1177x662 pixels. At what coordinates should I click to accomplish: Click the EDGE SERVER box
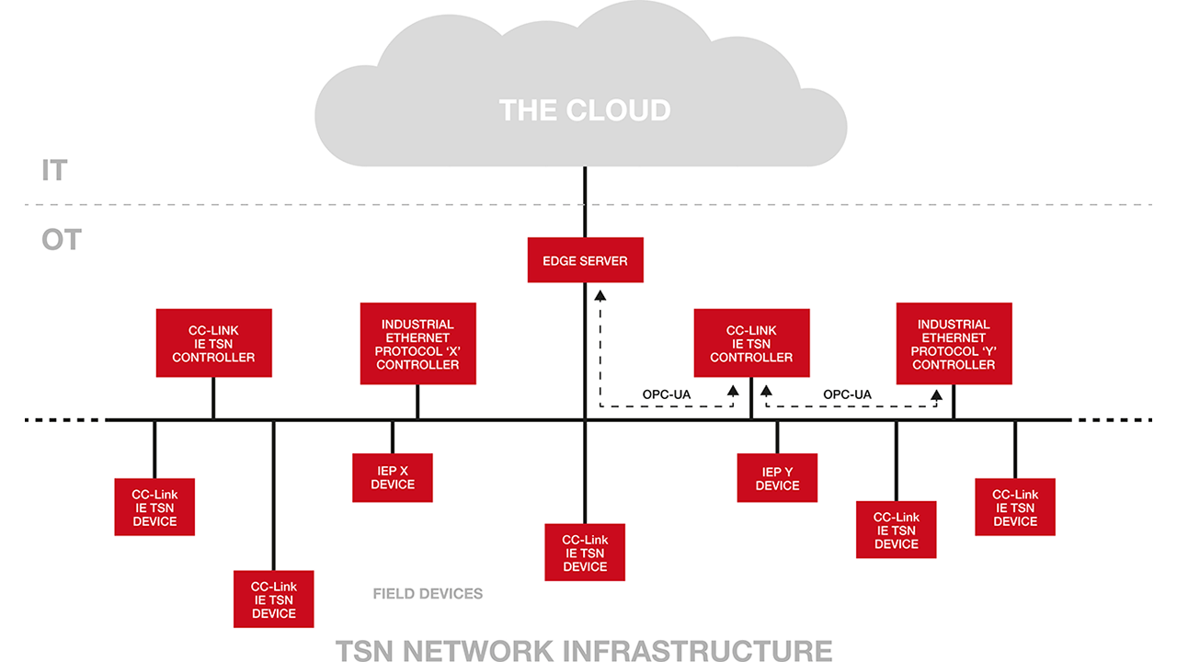tap(585, 260)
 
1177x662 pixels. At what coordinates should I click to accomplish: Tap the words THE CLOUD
tap(585, 110)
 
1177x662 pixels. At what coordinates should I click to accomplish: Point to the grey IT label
tap(54, 171)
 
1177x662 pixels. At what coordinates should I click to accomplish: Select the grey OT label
tap(61, 241)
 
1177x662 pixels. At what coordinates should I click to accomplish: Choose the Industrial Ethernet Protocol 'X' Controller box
tap(417, 344)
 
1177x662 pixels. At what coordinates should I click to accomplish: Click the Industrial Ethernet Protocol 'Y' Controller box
tap(954, 344)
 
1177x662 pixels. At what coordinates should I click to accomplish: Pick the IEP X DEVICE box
tap(392, 477)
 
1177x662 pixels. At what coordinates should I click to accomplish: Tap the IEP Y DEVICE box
tap(777, 477)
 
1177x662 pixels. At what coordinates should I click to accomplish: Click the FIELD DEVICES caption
tap(428, 594)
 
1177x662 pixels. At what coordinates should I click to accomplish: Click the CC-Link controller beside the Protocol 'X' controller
tap(213, 343)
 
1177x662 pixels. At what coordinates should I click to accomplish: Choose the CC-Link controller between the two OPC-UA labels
tap(751, 343)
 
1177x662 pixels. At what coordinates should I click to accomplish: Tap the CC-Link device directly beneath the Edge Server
tap(585, 553)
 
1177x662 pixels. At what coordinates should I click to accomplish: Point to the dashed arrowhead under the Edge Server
tap(600, 296)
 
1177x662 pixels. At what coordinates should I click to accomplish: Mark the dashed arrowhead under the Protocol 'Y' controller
tap(936, 396)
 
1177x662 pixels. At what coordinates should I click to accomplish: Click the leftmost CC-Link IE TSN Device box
tap(154, 507)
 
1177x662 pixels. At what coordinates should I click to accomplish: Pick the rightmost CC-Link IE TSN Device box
tap(1014, 507)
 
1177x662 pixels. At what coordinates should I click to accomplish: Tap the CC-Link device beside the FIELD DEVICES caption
tap(273, 599)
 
